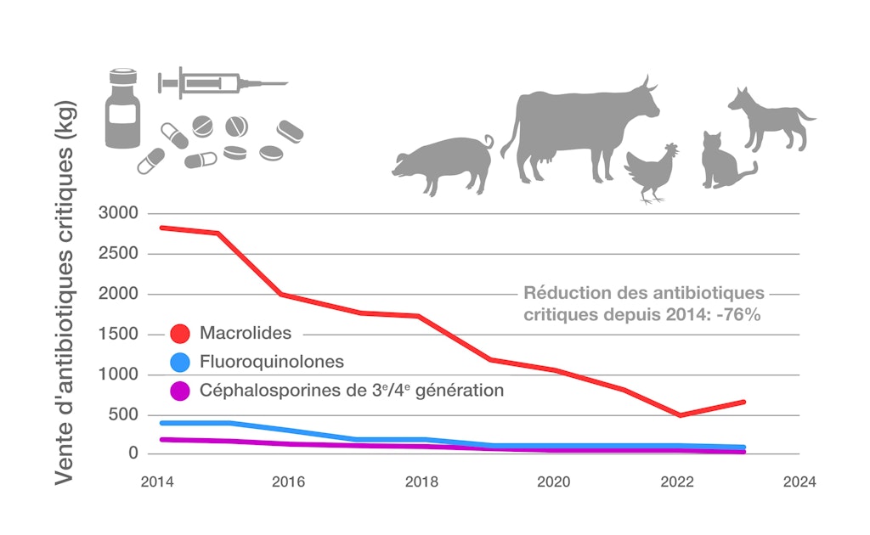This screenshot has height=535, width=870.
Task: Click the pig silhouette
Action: point(444,164)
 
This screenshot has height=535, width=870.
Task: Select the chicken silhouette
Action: point(652,172)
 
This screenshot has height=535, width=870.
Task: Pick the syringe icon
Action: point(222,83)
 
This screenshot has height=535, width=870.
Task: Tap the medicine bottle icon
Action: point(121,111)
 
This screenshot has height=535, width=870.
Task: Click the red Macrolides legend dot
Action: point(179,334)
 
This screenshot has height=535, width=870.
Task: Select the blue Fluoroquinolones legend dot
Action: point(179,363)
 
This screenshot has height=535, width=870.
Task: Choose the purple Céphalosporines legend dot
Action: point(179,391)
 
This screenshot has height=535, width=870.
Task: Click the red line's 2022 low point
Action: point(680,414)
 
